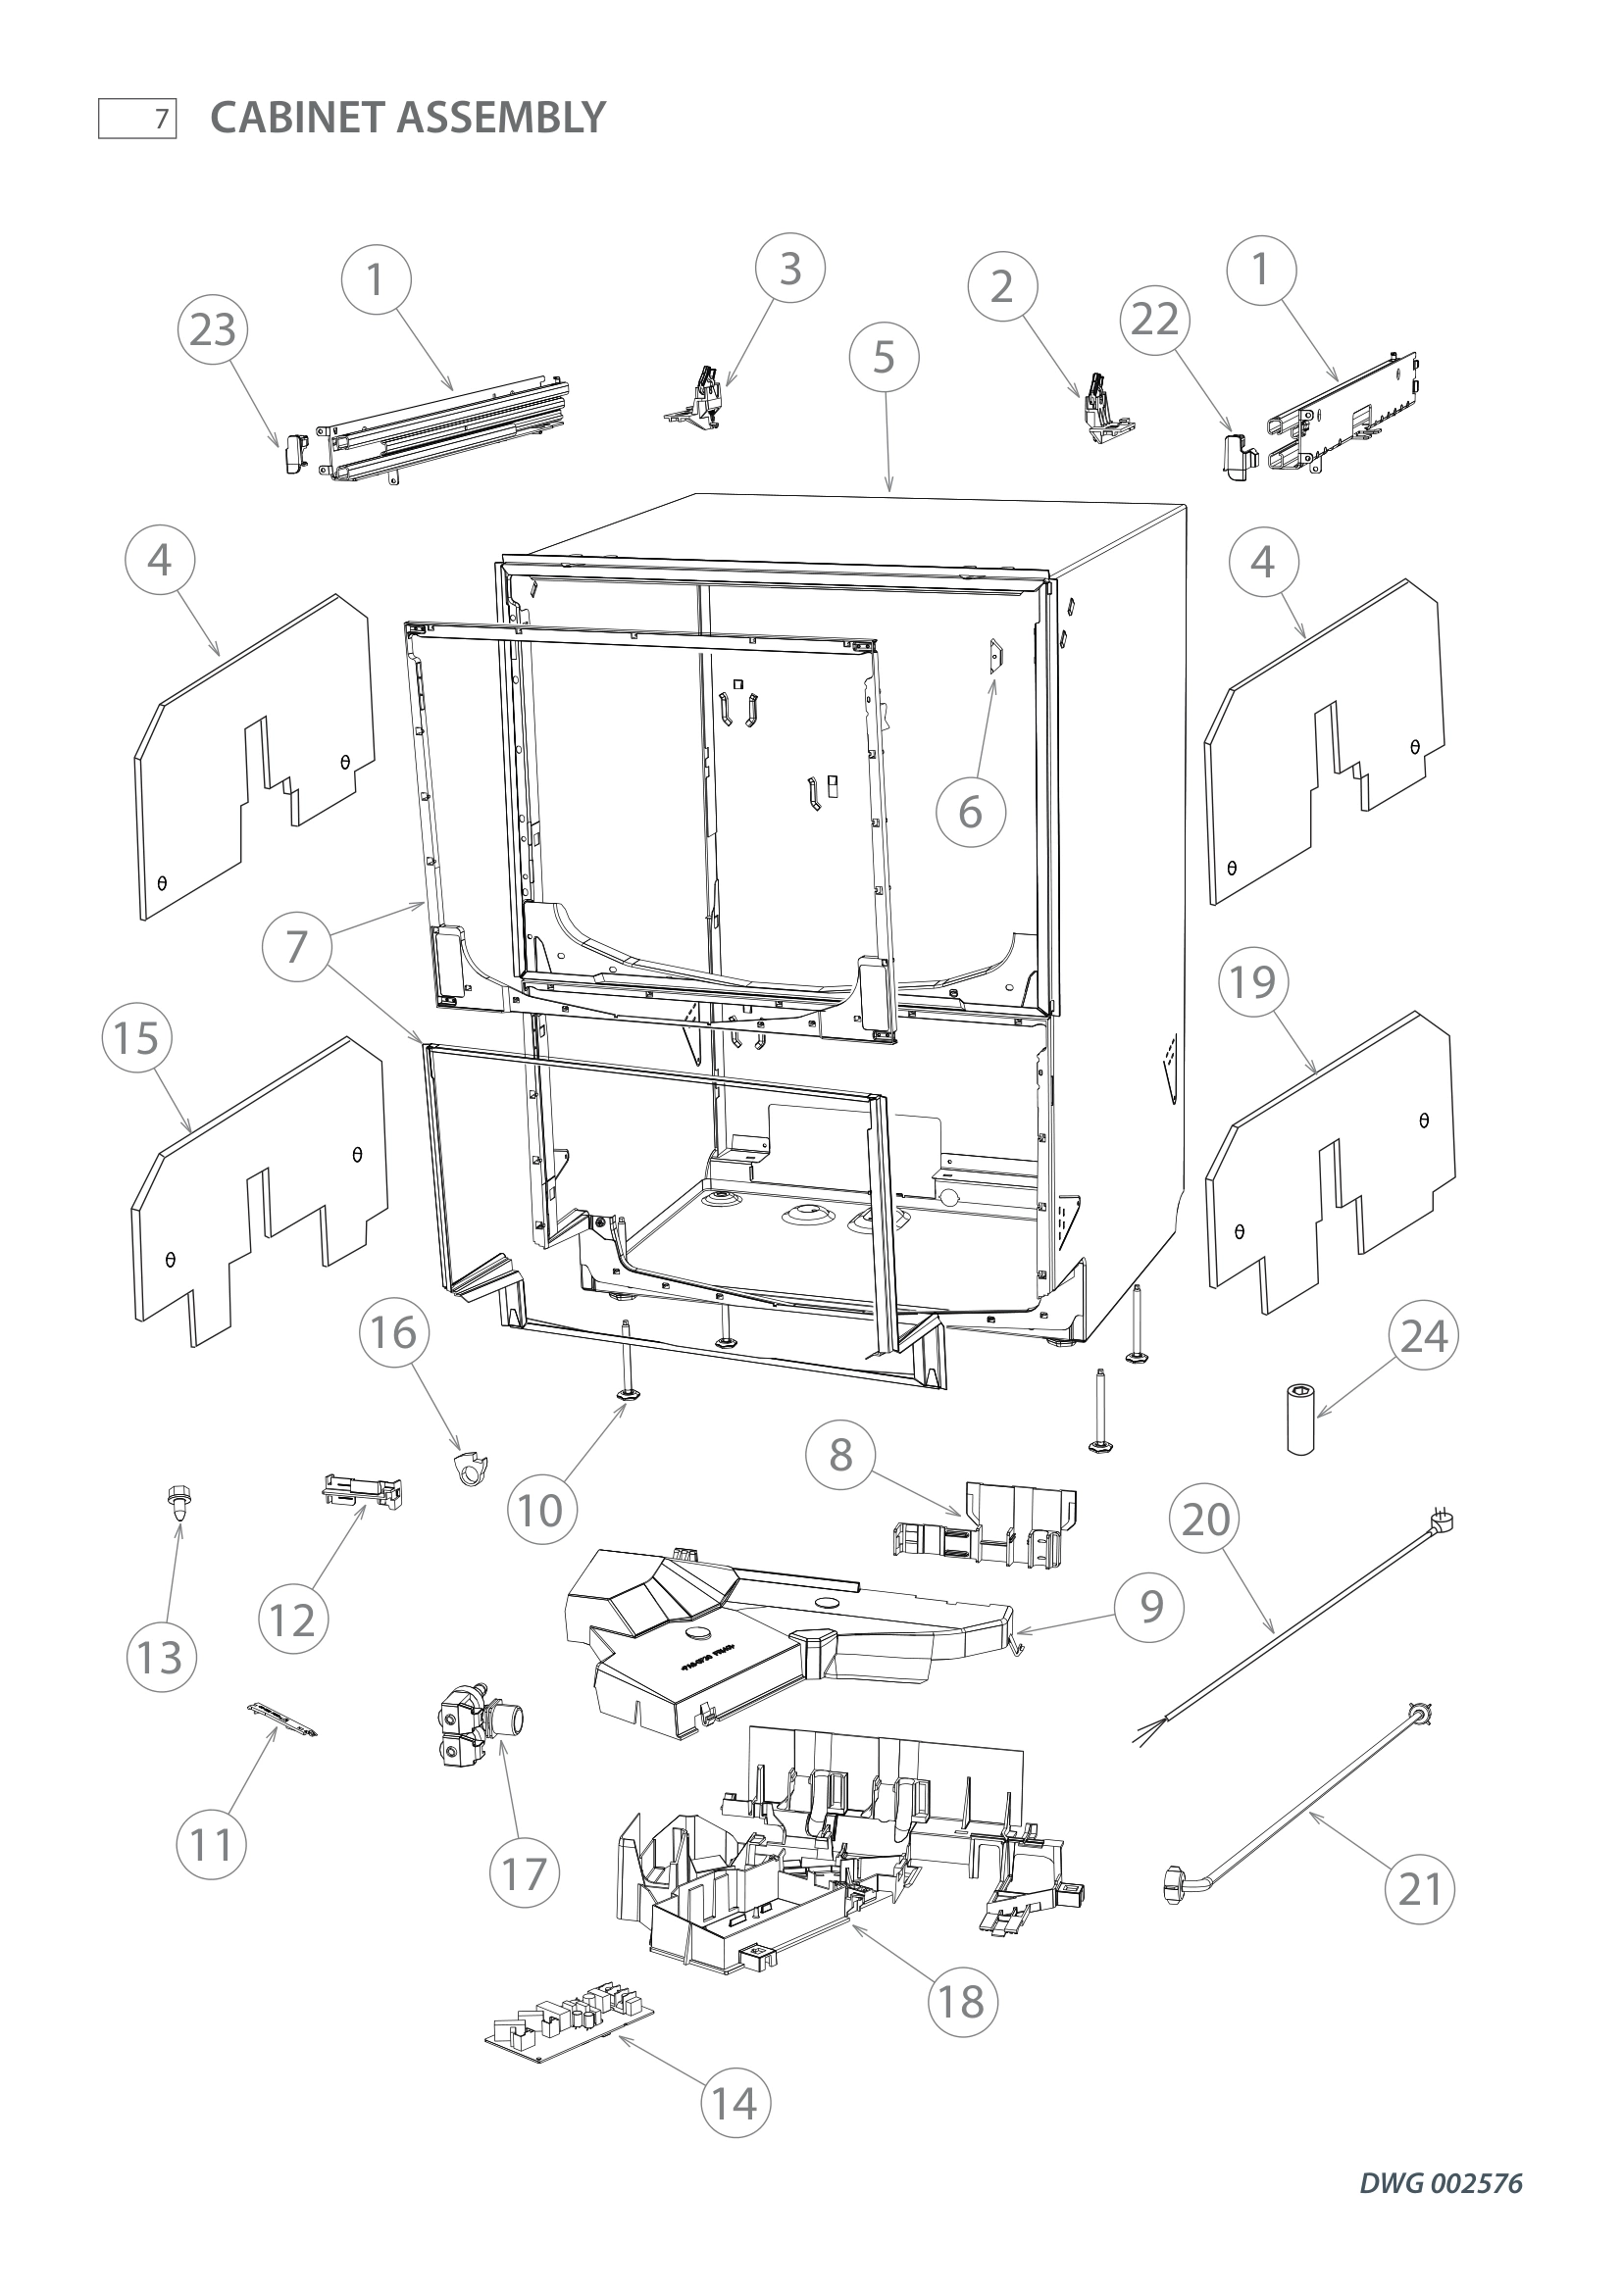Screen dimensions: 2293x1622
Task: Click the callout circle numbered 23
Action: [213, 329]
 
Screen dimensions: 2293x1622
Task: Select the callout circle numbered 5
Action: [884, 357]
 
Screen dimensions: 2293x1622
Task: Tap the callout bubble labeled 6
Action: [970, 812]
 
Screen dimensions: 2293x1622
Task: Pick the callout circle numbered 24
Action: [1423, 1335]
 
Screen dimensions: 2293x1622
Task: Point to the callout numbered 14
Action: [735, 2103]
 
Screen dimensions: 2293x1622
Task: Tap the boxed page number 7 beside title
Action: [138, 120]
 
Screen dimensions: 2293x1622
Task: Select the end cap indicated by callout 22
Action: [1236, 456]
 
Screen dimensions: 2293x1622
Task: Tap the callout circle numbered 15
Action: [137, 1037]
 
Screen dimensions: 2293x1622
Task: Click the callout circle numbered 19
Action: [1252, 981]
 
